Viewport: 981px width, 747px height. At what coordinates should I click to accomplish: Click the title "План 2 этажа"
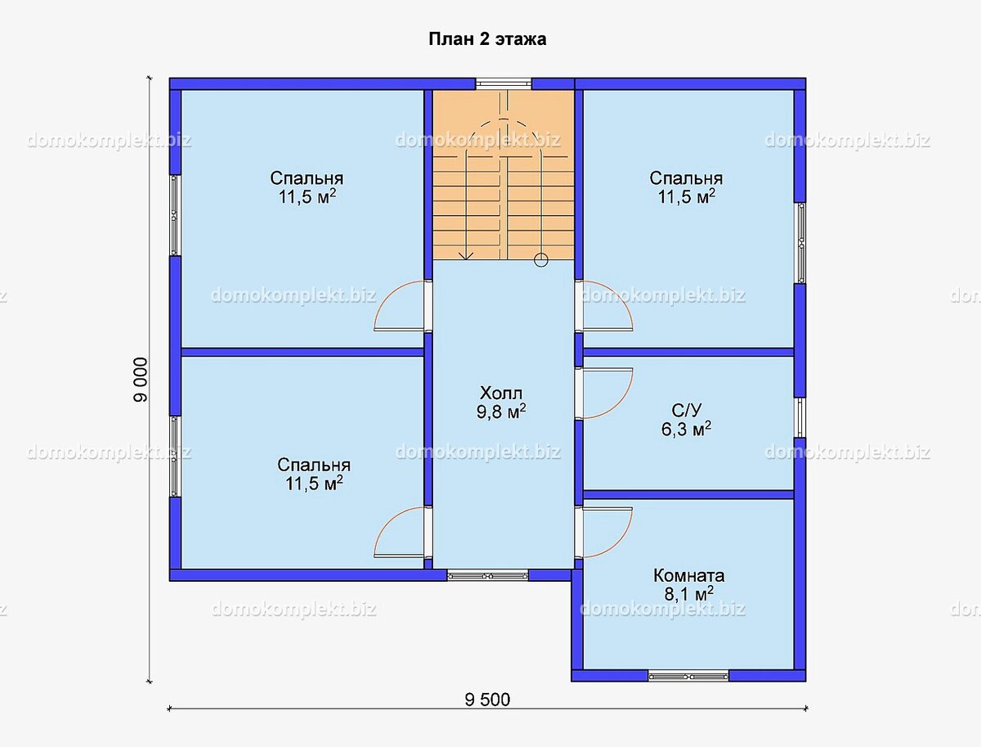[487, 39]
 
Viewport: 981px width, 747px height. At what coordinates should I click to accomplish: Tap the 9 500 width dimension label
[487, 700]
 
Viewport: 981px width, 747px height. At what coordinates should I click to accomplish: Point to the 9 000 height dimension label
[141, 380]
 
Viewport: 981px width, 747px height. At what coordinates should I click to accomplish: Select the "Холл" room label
[501, 394]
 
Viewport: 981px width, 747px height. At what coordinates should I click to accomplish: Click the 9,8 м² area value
[501, 412]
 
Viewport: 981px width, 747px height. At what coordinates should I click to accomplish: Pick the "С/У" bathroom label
[687, 410]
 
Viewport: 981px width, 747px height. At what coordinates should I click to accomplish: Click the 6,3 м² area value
[687, 429]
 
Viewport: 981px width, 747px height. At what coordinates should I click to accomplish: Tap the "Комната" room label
[688, 575]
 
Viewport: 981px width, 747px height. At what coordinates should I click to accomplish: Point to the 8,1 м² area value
[688, 594]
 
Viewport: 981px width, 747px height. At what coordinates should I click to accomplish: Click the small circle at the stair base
[541, 259]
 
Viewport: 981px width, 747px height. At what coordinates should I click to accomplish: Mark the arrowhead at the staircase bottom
[466, 256]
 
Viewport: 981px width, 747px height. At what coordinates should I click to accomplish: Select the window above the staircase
[504, 83]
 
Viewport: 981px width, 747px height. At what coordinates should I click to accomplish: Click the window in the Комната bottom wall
[688, 676]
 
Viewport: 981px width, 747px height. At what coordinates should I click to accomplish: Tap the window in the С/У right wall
[800, 417]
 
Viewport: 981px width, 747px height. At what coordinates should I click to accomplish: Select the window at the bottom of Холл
[487, 575]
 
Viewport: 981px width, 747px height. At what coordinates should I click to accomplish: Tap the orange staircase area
[504, 174]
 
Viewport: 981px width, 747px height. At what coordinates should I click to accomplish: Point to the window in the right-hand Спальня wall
[800, 243]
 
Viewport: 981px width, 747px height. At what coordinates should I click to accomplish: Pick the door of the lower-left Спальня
[399, 533]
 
